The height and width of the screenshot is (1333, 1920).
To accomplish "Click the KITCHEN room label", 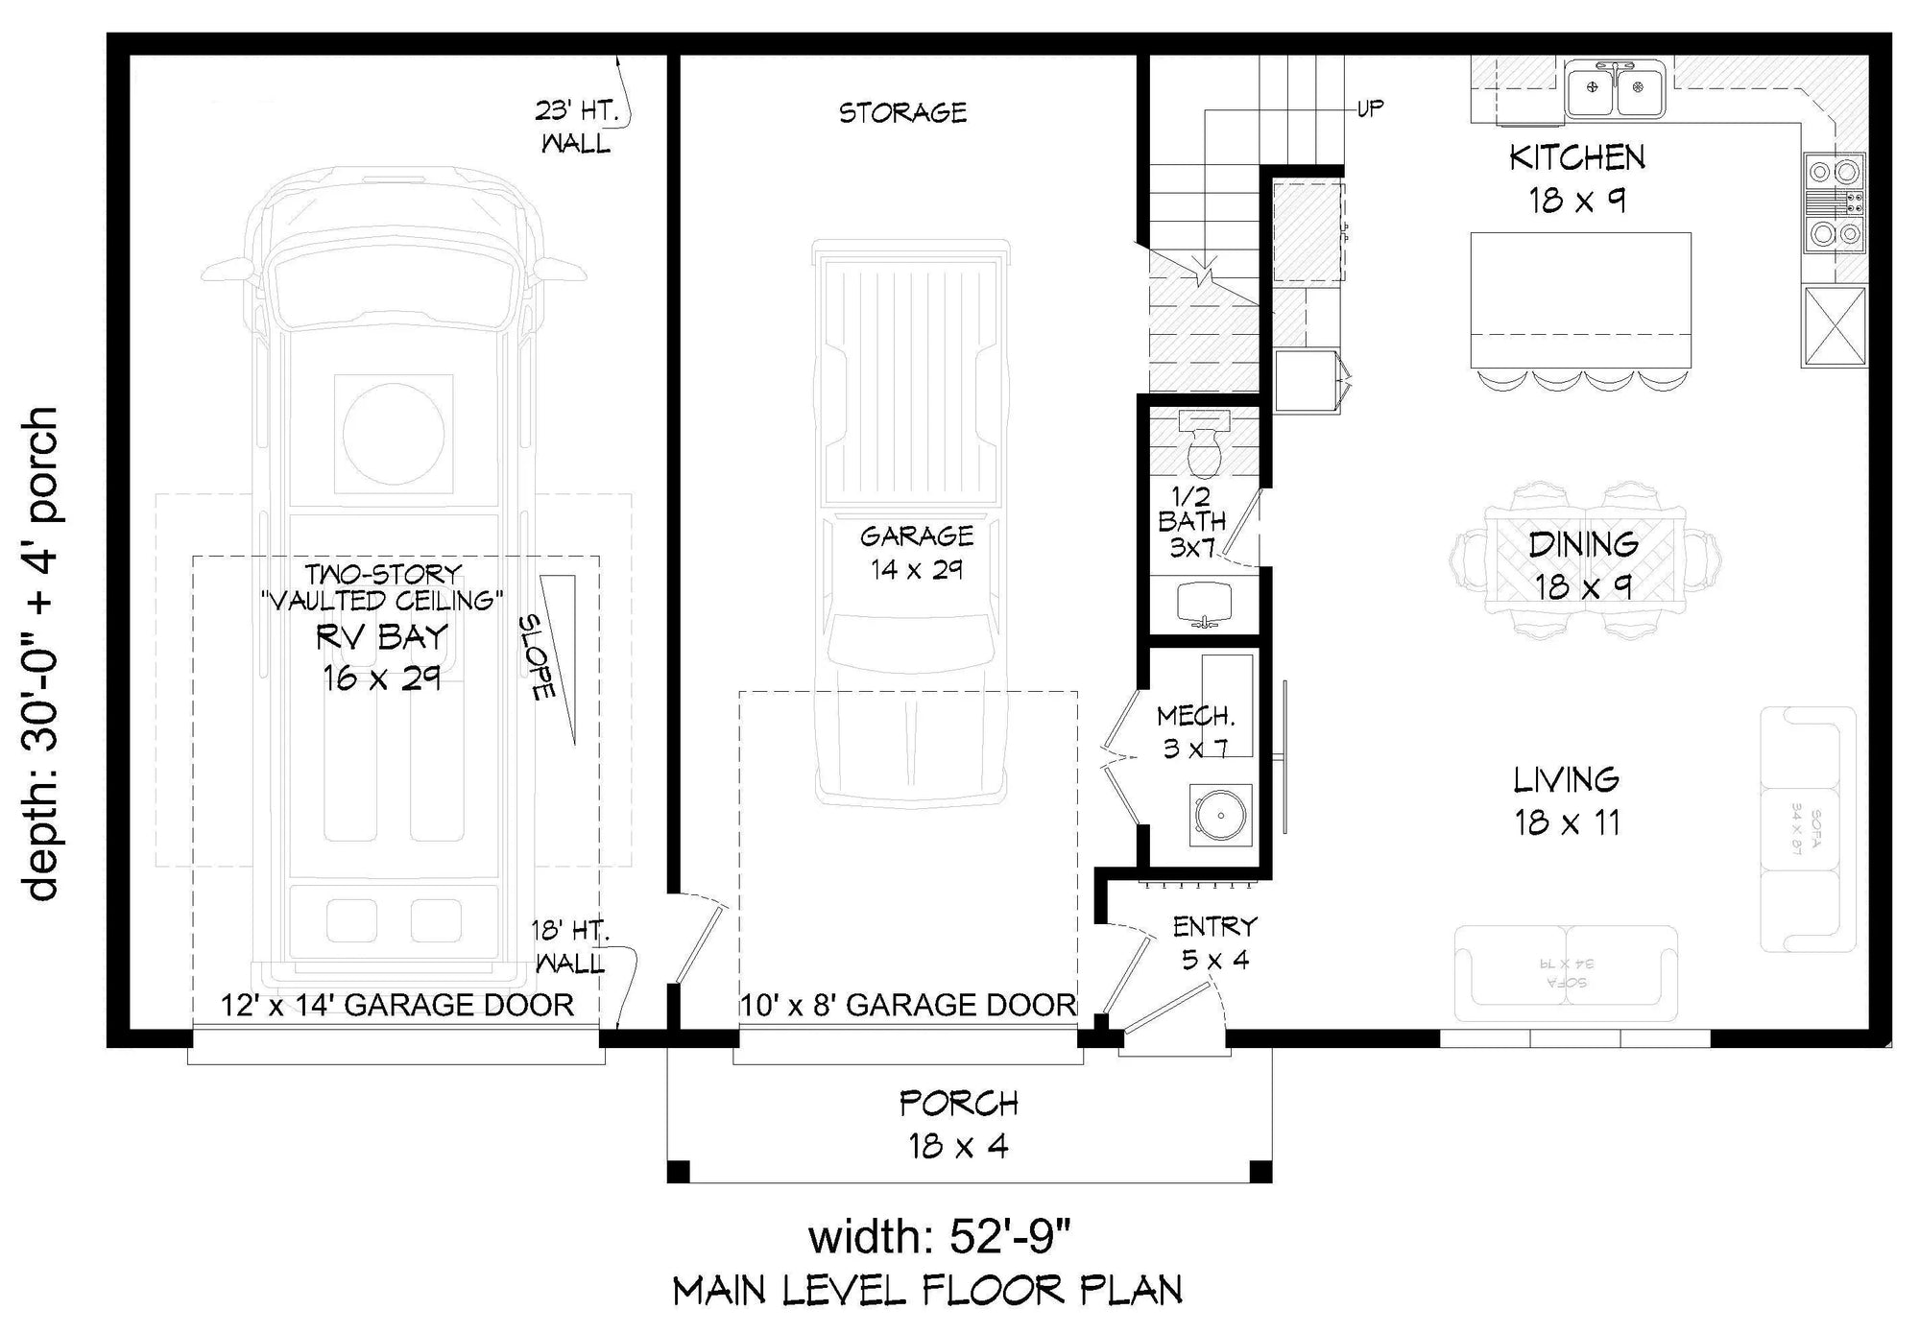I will coord(1576,157).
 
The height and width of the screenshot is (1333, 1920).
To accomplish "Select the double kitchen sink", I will coord(1616,88).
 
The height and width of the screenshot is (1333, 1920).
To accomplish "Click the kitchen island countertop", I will coord(1580,288).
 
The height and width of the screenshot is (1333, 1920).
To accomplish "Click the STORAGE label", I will coord(902,113).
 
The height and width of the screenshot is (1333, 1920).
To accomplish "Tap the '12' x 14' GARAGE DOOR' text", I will coord(397,1005).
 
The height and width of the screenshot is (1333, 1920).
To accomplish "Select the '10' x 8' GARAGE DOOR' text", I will coord(907,1005).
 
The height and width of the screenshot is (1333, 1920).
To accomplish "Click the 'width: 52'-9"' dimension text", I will coord(939,1236).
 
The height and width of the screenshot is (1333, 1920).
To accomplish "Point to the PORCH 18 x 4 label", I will coord(958,1124).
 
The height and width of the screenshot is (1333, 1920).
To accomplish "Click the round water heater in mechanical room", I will coord(1220,816).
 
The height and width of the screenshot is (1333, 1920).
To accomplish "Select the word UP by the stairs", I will coord(1370,108).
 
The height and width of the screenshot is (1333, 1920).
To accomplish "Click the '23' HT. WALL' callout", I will coord(575,127).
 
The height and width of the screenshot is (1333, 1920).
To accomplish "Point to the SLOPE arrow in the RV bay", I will coord(561,657).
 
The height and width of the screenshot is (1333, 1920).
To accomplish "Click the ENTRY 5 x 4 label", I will coord(1214,942).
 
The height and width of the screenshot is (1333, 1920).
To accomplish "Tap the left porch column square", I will coord(678,1171).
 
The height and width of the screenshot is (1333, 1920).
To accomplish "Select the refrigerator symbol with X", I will coord(1834,326).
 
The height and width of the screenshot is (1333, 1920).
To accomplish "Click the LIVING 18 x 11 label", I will coord(1567,800).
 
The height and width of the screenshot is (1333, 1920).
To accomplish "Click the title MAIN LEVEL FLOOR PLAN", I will coord(927,1292).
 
